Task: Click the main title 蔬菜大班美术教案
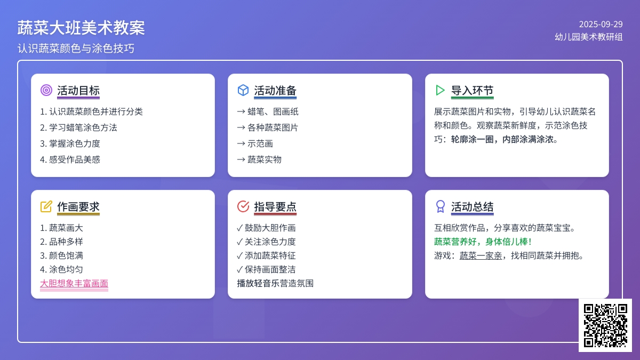(x=81, y=28)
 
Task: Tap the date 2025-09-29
(x=601, y=25)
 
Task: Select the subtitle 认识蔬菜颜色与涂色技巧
(x=76, y=49)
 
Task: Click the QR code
(x=605, y=325)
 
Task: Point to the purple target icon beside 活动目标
(x=46, y=90)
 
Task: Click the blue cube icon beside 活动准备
(x=243, y=90)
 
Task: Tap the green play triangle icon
(x=441, y=90)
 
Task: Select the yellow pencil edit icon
(x=46, y=206)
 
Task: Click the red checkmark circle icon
(x=243, y=206)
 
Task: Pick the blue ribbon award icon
(x=441, y=206)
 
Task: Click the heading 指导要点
(x=275, y=206)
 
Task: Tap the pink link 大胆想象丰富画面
(x=74, y=283)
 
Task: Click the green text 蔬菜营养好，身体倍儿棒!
(x=483, y=242)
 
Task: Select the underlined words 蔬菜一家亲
(x=481, y=255)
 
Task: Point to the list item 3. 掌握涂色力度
(x=70, y=143)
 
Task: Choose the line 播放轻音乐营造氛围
(x=275, y=283)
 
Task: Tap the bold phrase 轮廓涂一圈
(x=473, y=139)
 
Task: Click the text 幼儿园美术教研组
(x=589, y=37)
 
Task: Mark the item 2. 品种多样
(x=61, y=242)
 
